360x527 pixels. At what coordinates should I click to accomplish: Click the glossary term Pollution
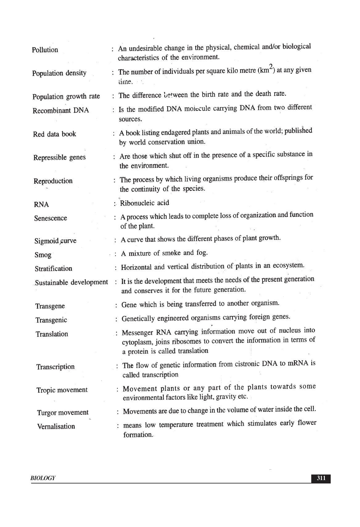45,50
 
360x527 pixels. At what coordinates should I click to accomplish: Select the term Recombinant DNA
61,111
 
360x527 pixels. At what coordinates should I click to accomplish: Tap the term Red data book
55,134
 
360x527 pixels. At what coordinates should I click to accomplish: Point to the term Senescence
51,218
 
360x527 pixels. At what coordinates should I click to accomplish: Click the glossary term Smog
43,255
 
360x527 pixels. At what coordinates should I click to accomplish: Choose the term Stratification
53,269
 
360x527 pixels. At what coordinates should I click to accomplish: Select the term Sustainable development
72,282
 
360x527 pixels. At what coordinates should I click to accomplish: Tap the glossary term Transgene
50,306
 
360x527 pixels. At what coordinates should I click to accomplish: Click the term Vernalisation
56,426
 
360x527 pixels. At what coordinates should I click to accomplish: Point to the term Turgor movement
63,413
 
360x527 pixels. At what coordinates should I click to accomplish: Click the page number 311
321,478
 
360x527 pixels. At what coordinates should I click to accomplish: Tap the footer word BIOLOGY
43,478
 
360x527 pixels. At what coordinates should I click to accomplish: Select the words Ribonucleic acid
145,203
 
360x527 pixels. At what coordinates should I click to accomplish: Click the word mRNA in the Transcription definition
298,363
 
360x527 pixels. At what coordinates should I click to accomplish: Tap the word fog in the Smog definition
201,253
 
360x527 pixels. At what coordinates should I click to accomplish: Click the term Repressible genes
60,157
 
